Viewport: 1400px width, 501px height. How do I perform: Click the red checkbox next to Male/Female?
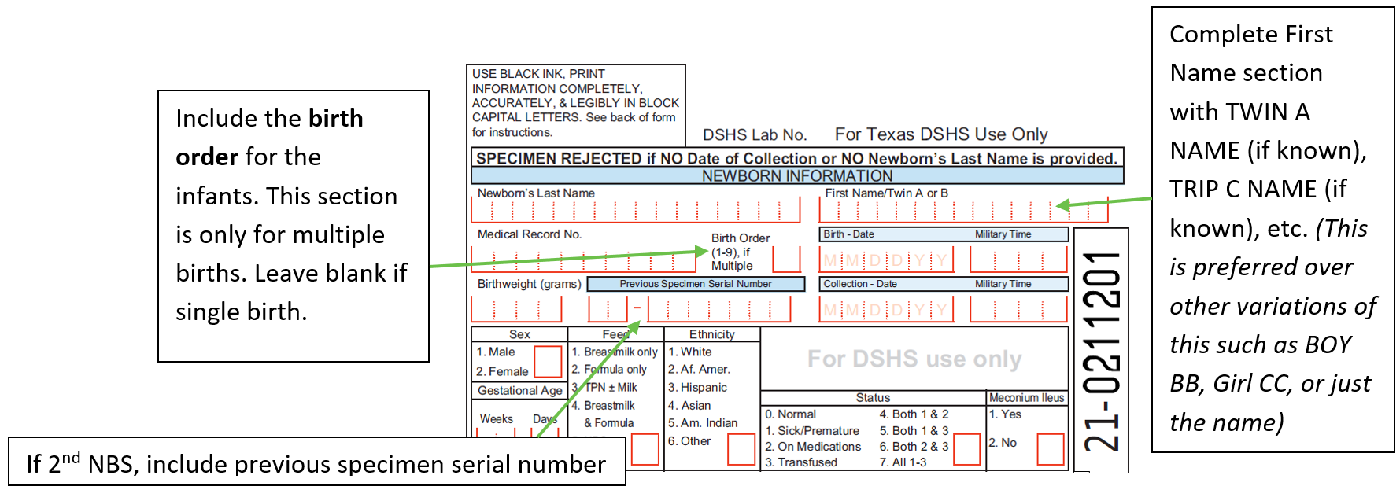548,362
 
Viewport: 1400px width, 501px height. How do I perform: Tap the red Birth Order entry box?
786,259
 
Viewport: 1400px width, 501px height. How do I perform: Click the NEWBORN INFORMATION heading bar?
796,176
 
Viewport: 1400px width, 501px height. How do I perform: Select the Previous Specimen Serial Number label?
695,284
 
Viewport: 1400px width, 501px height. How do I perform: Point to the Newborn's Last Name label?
536,193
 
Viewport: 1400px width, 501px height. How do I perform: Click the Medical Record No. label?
530,234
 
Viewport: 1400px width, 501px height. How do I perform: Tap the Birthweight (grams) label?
529,284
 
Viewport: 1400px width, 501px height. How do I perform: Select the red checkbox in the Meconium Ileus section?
1050,449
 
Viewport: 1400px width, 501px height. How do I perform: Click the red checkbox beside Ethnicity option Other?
741,449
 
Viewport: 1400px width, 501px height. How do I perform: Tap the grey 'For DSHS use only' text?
914,359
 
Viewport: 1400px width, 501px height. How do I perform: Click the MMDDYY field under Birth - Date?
886,260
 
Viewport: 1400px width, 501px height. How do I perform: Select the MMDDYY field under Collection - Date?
886,310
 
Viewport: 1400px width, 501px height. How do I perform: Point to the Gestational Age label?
519,391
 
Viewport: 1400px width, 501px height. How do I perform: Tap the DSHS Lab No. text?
754,135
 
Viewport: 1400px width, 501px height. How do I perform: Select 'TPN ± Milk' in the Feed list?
611,388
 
